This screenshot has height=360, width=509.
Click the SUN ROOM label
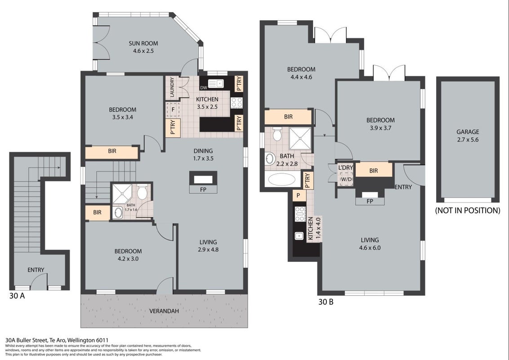tap(143, 43)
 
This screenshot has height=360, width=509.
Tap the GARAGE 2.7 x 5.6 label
tap(468, 136)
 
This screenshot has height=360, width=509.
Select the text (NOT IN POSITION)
tap(468, 211)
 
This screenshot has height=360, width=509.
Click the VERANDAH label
tap(164, 311)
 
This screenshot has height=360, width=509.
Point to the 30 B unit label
tap(326, 302)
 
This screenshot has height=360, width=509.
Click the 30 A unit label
tap(17, 296)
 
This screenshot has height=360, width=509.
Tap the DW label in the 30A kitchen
tap(204, 88)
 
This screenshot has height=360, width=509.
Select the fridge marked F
tap(173, 110)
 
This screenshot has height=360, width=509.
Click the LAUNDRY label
tap(172, 87)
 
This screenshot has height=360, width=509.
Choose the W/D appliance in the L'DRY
tap(346, 179)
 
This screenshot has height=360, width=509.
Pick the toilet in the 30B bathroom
tap(277, 134)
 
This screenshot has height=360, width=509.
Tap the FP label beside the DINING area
tap(203, 190)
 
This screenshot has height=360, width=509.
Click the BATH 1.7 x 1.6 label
tap(131, 207)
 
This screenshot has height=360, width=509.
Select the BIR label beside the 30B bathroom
tap(288, 117)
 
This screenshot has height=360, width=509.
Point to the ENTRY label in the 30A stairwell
tap(36, 270)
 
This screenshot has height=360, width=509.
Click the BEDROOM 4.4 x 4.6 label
tap(301, 73)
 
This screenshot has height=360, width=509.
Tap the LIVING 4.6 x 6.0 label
tap(370, 244)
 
